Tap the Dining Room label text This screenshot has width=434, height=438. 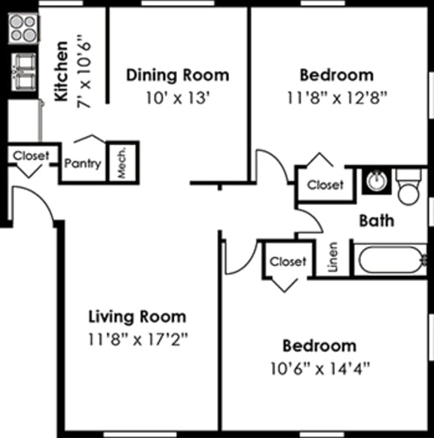tap(177, 75)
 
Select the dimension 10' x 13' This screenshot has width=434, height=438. tap(177, 97)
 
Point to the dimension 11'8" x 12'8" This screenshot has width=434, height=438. tap(336, 97)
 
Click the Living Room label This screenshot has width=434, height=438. tap(136, 316)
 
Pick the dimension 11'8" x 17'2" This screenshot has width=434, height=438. tap(136, 338)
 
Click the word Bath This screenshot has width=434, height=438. tap(376, 221)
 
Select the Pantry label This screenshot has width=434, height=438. tap(83, 163)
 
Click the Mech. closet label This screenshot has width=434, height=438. tap(122, 161)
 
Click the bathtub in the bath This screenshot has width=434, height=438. tap(391, 260)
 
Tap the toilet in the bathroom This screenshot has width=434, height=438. tap(410, 187)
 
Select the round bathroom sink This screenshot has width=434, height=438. tap(375, 181)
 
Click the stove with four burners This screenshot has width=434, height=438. tap(23, 28)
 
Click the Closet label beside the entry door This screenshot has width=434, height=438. tap(31, 155)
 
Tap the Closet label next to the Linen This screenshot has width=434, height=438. tap(288, 262)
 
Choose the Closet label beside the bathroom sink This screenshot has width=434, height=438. tap(325, 184)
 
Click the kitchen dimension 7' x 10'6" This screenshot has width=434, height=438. tap(82, 71)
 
